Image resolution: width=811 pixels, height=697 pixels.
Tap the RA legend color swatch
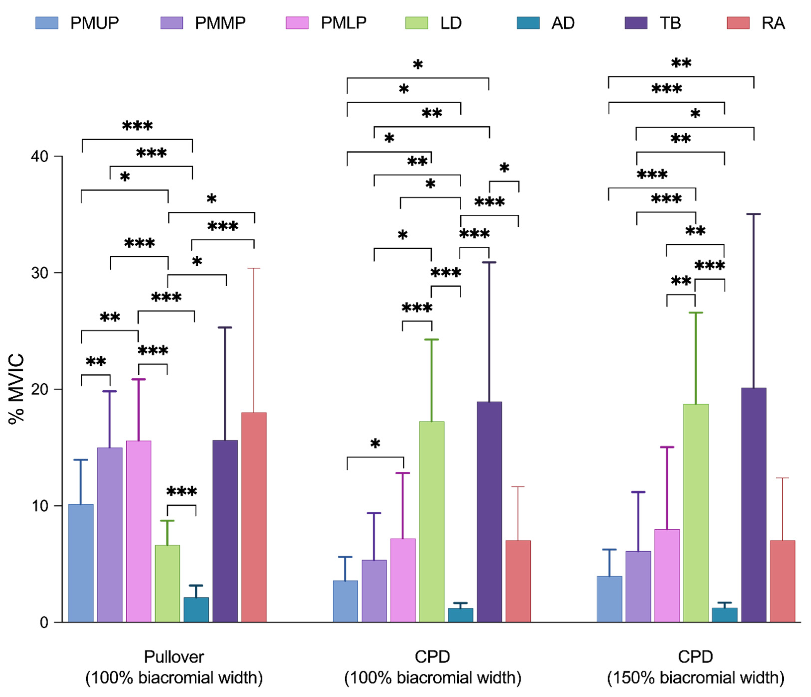click(738, 23)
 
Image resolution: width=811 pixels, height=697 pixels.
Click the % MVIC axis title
click(16, 389)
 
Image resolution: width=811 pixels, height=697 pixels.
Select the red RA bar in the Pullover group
click(254, 517)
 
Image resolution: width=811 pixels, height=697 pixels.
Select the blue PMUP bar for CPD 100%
click(345, 601)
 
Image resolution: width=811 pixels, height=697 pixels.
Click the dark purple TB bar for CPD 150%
click(754, 505)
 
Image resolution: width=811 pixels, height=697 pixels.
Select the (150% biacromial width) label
click(696, 678)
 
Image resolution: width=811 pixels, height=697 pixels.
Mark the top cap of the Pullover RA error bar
click(254, 268)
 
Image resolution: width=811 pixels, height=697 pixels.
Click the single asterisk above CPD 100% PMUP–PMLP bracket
click(375, 444)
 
